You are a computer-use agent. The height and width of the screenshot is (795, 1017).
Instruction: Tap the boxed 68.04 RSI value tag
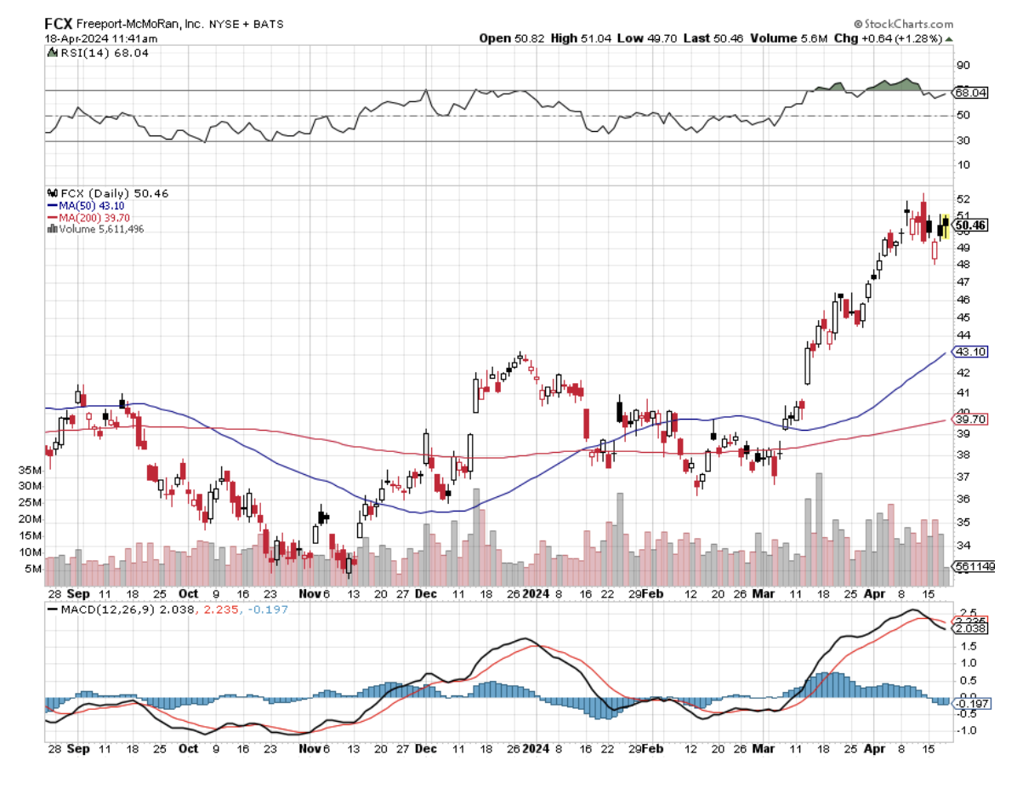pos(970,92)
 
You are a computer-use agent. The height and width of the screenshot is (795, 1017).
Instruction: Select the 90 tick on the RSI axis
pos(963,66)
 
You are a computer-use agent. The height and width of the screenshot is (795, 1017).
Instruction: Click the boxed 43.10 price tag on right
pos(970,352)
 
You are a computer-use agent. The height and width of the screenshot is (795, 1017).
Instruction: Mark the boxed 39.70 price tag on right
pos(970,419)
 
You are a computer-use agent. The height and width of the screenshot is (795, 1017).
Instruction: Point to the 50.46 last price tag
pos(970,226)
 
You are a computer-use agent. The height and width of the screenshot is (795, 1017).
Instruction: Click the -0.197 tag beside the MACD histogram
pos(971,703)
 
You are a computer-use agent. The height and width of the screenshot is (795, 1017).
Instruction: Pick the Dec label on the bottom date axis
pos(426,749)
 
